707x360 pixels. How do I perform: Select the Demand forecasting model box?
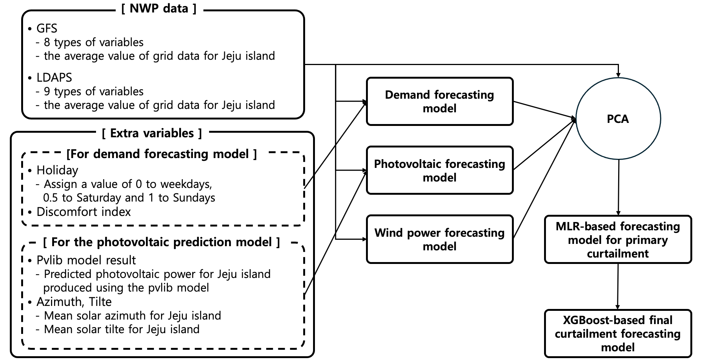[x=440, y=101]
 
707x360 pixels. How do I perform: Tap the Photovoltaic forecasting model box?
[x=440, y=170]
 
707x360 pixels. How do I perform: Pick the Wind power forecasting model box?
[x=440, y=239]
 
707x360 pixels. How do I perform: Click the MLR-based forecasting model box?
[x=618, y=239]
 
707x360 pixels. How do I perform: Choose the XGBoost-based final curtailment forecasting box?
[x=618, y=334]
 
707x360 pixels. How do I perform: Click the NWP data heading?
[x=159, y=8]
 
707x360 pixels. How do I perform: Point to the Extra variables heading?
[x=152, y=133]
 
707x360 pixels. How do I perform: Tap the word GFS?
[x=47, y=28]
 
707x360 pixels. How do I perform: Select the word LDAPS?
[x=54, y=78]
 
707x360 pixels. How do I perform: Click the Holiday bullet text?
[x=57, y=171]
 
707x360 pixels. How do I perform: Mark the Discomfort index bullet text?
[x=84, y=212]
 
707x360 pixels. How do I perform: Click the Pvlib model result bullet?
[x=86, y=260]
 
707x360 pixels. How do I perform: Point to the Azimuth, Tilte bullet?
[x=74, y=302]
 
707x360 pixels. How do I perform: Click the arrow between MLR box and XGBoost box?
[x=618, y=286]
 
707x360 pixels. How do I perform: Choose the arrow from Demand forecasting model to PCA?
[x=545, y=110]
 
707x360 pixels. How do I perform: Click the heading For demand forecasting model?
[x=162, y=154]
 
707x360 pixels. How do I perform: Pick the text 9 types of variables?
[x=94, y=92]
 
